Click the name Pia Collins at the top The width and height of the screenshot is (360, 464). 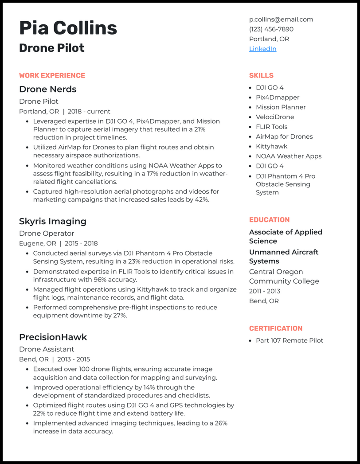(x=68, y=28)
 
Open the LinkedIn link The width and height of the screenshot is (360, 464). (x=262, y=49)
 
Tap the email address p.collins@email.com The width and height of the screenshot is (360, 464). (x=281, y=19)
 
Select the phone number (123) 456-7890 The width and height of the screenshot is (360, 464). (x=271, y=29)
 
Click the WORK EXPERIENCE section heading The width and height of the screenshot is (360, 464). (x=52, y=75)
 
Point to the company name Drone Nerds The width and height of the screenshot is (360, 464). (x=47, y=89)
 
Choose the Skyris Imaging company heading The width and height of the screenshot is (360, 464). (x=52, y=221)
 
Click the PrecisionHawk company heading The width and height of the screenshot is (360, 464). (x=53, y=337)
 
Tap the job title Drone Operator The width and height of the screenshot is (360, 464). (x=47, y=234)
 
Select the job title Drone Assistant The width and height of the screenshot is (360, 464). (x=47, y=349)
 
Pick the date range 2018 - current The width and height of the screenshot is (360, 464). (x=89, y=111)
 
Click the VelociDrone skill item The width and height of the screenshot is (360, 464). (x=275, y=117)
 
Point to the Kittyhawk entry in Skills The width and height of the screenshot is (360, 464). (x=271, y=146)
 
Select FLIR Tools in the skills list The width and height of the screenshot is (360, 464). (x=271, y=127)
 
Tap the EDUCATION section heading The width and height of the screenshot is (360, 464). (x=269, y=220)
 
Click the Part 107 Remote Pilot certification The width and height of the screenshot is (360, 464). (x=290, y=340)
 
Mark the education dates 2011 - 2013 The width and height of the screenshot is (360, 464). (x=265, y=291)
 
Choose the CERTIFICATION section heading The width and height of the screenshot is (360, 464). (x=275, y=328)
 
